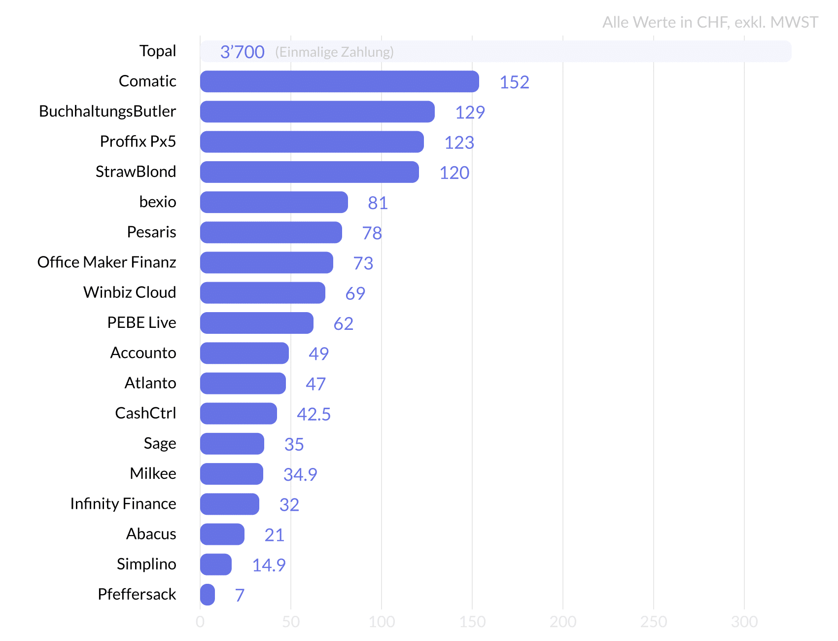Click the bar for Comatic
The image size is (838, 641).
coord(339,81)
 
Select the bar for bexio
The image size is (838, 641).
coord(274,202)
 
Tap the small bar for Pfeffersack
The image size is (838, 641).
coord(208,595)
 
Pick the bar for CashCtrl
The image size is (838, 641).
coord(238,414)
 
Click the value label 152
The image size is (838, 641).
coord(514,82)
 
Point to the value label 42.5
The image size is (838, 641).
coord(314,414)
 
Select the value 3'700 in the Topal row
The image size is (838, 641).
coord(242,52)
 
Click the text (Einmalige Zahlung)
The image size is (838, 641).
coord(334,52)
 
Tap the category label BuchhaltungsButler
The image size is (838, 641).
coord(107,111)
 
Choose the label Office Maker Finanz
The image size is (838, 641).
coord(107,262)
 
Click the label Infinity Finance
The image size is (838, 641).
coord(123,504)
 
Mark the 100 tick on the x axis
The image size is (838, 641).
coord(382,622)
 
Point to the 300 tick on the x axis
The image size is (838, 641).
coord(744,622)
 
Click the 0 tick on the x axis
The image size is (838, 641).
coord(200,622)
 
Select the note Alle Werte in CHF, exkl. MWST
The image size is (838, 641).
coord(710,22)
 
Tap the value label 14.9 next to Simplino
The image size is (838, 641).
coord(269,565)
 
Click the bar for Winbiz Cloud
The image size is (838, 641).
coord(262,293)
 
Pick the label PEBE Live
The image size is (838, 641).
coord(141,322)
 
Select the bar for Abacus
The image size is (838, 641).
coord(222,534)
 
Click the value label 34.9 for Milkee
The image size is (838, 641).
coord(300,474)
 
